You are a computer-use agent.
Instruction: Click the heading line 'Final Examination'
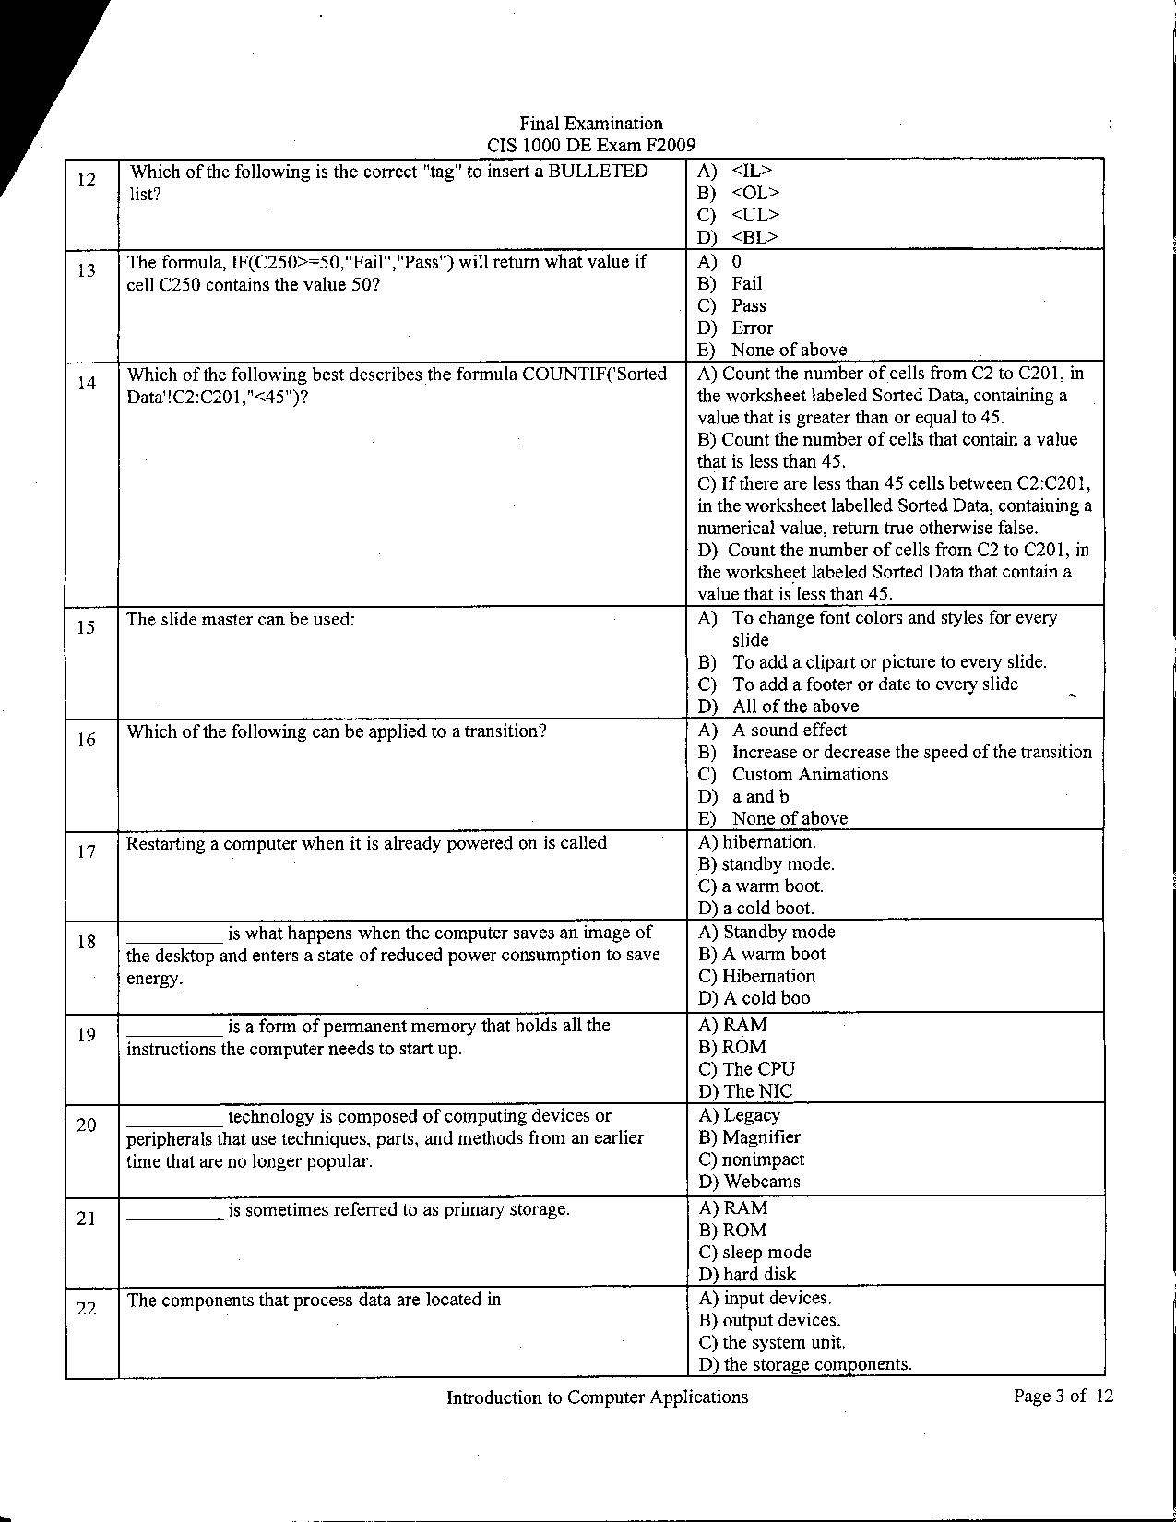(x=590, y=124)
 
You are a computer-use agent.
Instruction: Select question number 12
(x=86, y=180)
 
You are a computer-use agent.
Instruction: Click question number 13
(x=86, y=270)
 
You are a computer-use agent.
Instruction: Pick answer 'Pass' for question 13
(x=748, y=305)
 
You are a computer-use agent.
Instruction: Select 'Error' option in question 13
(x=752, y=327)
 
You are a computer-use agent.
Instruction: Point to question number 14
(x=86, y=383)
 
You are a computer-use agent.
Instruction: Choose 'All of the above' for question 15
(x=795, y=707)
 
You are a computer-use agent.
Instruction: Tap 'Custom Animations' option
(x=810, y=775)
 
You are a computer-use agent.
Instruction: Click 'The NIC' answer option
(x=757, y=1091)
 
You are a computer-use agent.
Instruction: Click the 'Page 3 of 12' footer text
(x=1063, y=1397)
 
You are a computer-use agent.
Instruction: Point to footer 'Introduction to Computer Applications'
(x=597, y=1397)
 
